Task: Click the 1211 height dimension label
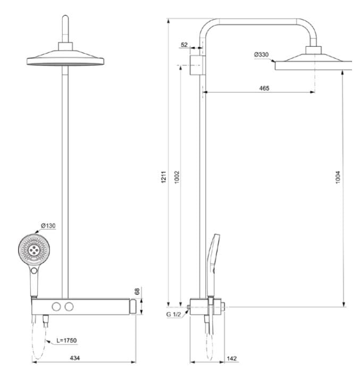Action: click(x=164, y=177)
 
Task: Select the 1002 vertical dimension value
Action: click(x=177, y=177)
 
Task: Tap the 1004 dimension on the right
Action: click(x=338, y=177)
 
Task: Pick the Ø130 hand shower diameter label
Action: click(x=48, y=225)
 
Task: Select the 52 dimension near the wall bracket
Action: click(x=184, y=45)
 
